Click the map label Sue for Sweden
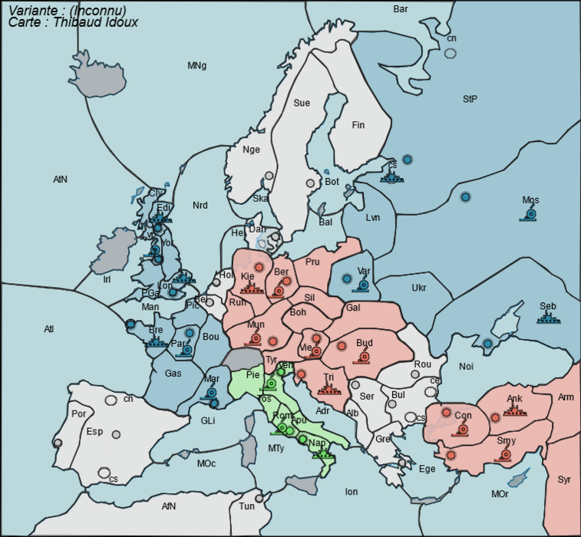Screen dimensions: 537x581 [x=302, y=103]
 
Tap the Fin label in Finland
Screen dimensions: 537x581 [x=358, y=125]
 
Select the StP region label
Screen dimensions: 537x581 [x=470, y=99]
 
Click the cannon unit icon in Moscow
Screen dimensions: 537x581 [x=530, y=214]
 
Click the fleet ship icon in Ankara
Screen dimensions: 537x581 [x=513, y=410]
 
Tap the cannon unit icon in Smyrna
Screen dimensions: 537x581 [x=506, y=454]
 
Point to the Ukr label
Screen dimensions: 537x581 [x=418, y=288]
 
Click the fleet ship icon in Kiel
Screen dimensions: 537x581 [x=250, y=288]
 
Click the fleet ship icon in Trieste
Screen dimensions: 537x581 [x=328, y=389]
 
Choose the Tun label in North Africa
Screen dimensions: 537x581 [x=246, y=506]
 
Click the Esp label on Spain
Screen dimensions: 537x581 [x=94, y=432]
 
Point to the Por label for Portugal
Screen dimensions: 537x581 [x=78, y=413]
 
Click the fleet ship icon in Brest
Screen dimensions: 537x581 [x=156, y=342]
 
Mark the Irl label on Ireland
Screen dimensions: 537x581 [x=107, y=279]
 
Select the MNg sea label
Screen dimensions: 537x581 [x=197, y=66]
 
